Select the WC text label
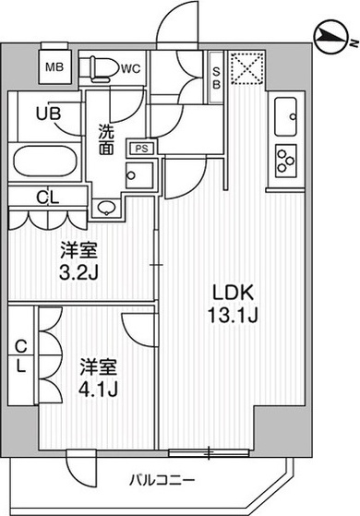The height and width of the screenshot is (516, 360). pyautogui.click(x=129, y=66)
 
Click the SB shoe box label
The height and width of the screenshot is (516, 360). pyautogui.click(x=215, y=71)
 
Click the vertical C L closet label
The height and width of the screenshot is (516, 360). pyautogui.click(x=21, y=355)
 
